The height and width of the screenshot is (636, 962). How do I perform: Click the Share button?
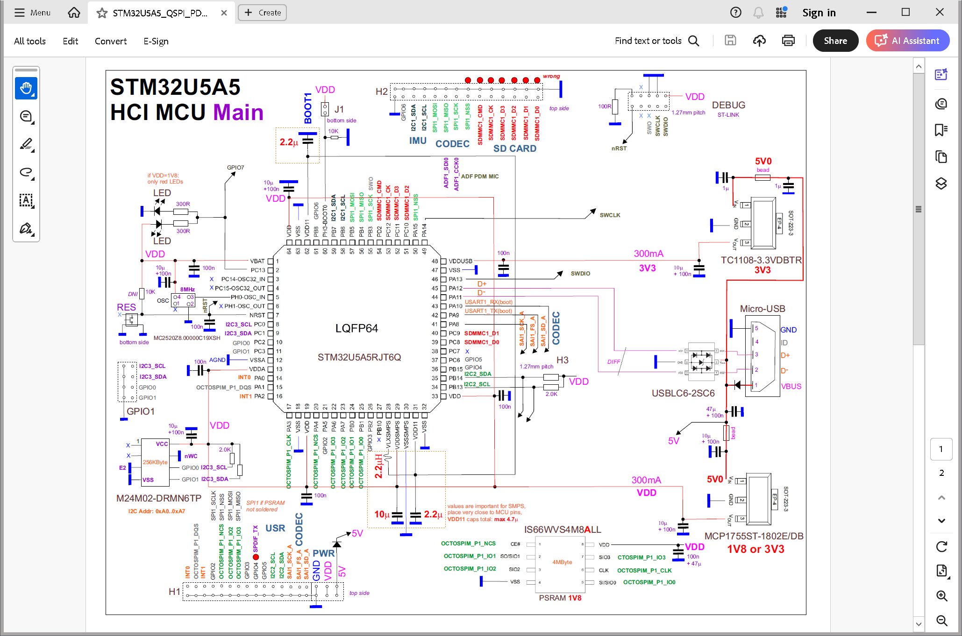[x=835, y=41]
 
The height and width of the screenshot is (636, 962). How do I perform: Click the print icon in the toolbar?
[x=788, y=41]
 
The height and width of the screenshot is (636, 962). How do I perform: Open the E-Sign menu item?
[x=156, y=41]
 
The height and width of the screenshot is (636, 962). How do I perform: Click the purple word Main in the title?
[x=238, y=113]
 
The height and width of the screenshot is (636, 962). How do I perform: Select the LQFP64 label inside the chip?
[x=356, y=328]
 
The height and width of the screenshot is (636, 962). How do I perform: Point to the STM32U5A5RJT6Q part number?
[x=359, y=357]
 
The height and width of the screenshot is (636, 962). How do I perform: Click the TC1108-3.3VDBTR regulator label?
[x=761, y=260]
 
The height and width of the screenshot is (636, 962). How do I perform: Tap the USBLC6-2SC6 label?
[x=683, y=393]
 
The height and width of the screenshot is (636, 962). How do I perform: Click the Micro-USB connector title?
[x=762, y=309]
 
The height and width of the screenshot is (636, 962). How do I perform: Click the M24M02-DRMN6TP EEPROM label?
[x=158, y=498]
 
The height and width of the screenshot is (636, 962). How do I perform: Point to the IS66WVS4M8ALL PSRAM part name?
[x=562, y=530]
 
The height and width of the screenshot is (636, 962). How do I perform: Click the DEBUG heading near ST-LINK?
[x=728, y=105]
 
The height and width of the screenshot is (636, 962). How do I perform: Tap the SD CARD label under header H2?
[x=514, y=148]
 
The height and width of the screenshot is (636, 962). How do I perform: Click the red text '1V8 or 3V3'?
[x=755, y=549]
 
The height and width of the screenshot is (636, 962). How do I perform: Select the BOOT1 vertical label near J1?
[x=307, y=108]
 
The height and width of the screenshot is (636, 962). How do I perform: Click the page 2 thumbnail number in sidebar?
[x=941, y=473]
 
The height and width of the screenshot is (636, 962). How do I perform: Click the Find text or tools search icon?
[x=694, y=41]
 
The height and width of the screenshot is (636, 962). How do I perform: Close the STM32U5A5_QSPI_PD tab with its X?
[x=224, y=13]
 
